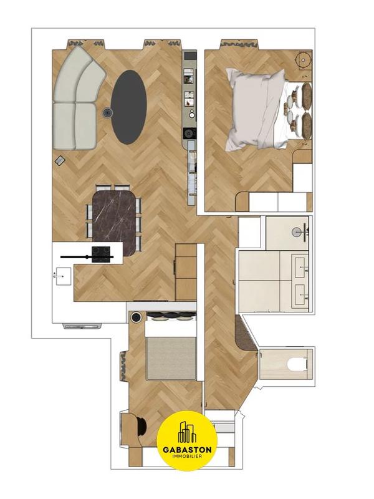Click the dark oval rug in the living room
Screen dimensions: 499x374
tap(129, 107)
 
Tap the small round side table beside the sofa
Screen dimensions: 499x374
tap(107, 113)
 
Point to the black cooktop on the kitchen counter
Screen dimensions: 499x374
tap(101, 252)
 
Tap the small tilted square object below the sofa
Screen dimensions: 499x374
tap(60, 160)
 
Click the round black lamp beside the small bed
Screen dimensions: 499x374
tap(136, 317)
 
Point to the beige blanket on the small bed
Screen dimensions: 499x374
tap(170, 358)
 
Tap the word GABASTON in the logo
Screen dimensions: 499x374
tap(188, 449)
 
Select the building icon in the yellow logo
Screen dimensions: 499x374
tap(188, 432)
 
